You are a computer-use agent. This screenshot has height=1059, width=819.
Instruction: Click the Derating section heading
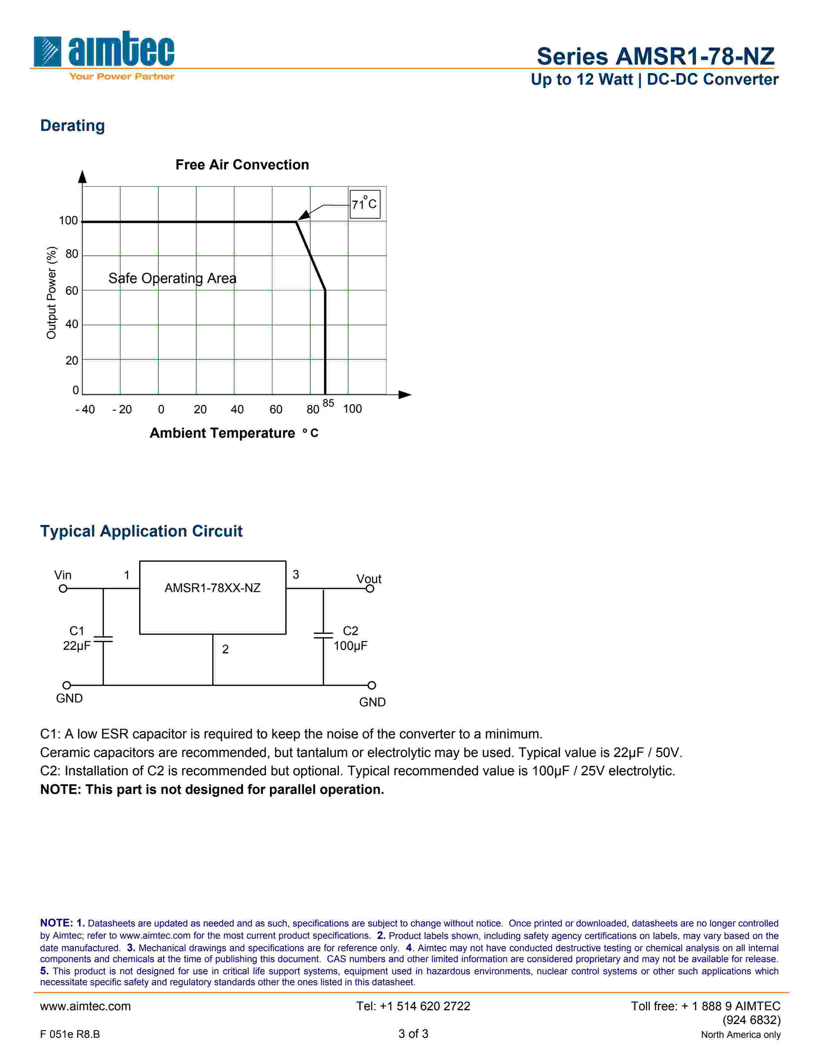(72, 125)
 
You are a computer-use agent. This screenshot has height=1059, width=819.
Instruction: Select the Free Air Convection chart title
(242, 165)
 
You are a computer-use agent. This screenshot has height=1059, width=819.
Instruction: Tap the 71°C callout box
(365, 204)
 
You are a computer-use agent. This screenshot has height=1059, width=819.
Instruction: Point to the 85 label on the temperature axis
(329, 403)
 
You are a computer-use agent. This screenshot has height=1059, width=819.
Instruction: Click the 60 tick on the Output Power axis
(72, 290)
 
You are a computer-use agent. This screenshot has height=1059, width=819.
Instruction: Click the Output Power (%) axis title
(51, 293)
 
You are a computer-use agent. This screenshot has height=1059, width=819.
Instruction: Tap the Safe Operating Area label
(172, 278)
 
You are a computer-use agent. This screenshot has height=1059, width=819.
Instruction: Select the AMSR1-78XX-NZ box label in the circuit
(213, 588)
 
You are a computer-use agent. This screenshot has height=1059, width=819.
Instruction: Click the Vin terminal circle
(63, 589)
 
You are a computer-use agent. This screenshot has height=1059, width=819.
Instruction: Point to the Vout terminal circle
(370, 589)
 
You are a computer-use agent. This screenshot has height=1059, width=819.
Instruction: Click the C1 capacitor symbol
(103, 639)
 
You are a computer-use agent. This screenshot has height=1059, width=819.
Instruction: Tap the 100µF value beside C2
(350, 646)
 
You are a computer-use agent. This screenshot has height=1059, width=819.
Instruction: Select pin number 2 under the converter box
(225, 649)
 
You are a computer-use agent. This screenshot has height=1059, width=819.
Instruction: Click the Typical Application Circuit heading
(141, 531)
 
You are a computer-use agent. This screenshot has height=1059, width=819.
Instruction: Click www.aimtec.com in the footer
(85, 1006)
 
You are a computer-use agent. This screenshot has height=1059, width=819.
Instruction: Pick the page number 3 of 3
(413, 1034)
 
